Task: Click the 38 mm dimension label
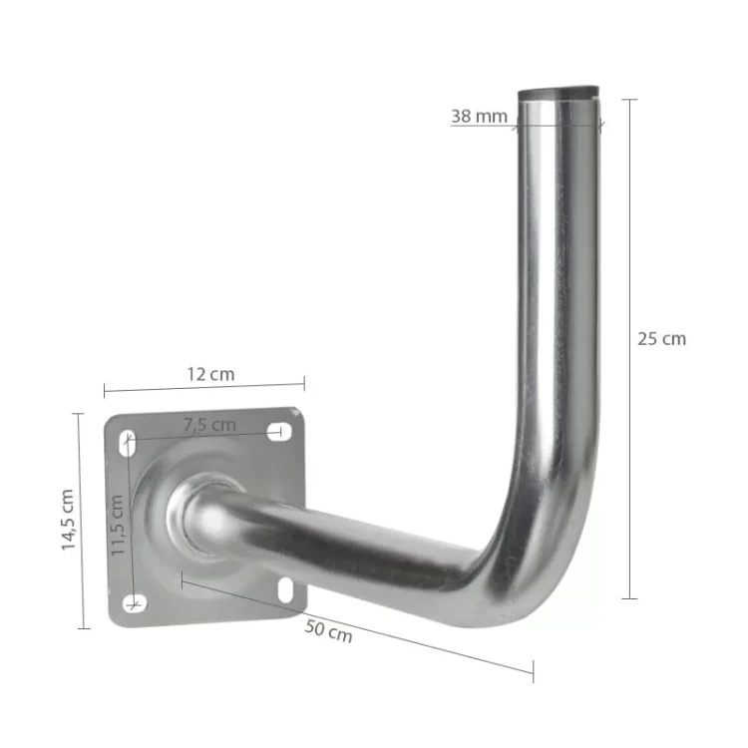[x=479, y=116]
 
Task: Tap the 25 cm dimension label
[x=661, y=339]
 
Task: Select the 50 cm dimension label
[x=328, y=631]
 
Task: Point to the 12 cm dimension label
[x=210, y=374]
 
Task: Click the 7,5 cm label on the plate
[x=209, y=424]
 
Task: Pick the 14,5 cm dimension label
[x=68, y=520]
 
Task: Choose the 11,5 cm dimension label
[x=118, y=526]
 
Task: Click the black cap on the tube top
[x=559, y=93]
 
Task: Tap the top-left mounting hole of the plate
[x=129, y=443]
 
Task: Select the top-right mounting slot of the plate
[x=279, y=432]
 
